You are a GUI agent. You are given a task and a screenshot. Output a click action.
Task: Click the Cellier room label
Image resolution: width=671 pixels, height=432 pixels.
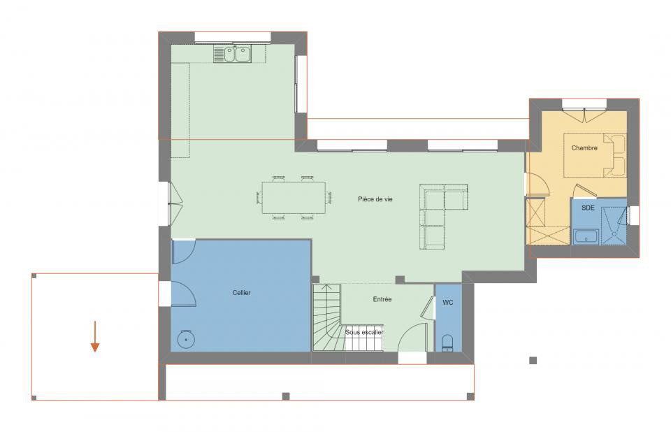[241, 292]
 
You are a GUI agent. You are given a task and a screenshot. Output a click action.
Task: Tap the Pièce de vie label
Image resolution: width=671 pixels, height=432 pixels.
[375, 199]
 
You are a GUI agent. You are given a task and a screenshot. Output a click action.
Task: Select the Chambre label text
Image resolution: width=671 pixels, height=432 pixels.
[584, 147]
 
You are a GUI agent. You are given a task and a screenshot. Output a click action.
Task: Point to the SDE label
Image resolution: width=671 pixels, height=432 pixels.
[589, 208]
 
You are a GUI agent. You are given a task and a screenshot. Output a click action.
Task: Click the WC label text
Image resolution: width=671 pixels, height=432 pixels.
[448, 303]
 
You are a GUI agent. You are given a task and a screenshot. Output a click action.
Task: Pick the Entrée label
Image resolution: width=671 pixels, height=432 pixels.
[382, 299]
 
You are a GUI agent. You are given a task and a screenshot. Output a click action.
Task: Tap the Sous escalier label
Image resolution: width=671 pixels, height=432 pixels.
[364, 332]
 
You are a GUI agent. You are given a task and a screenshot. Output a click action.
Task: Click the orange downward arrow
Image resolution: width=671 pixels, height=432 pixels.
[95, 337]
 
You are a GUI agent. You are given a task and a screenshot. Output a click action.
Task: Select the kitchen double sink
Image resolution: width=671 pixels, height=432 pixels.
[233, 53]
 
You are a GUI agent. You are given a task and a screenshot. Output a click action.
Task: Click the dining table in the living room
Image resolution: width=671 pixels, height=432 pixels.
[294, 198]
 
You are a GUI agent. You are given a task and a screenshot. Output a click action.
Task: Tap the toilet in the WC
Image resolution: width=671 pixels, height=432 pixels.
[448, 342]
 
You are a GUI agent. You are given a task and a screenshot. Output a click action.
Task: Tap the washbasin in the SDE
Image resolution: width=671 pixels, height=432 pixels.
[586, 236]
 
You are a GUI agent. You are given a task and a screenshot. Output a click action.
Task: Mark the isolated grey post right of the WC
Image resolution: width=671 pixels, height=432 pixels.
[533, 360]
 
